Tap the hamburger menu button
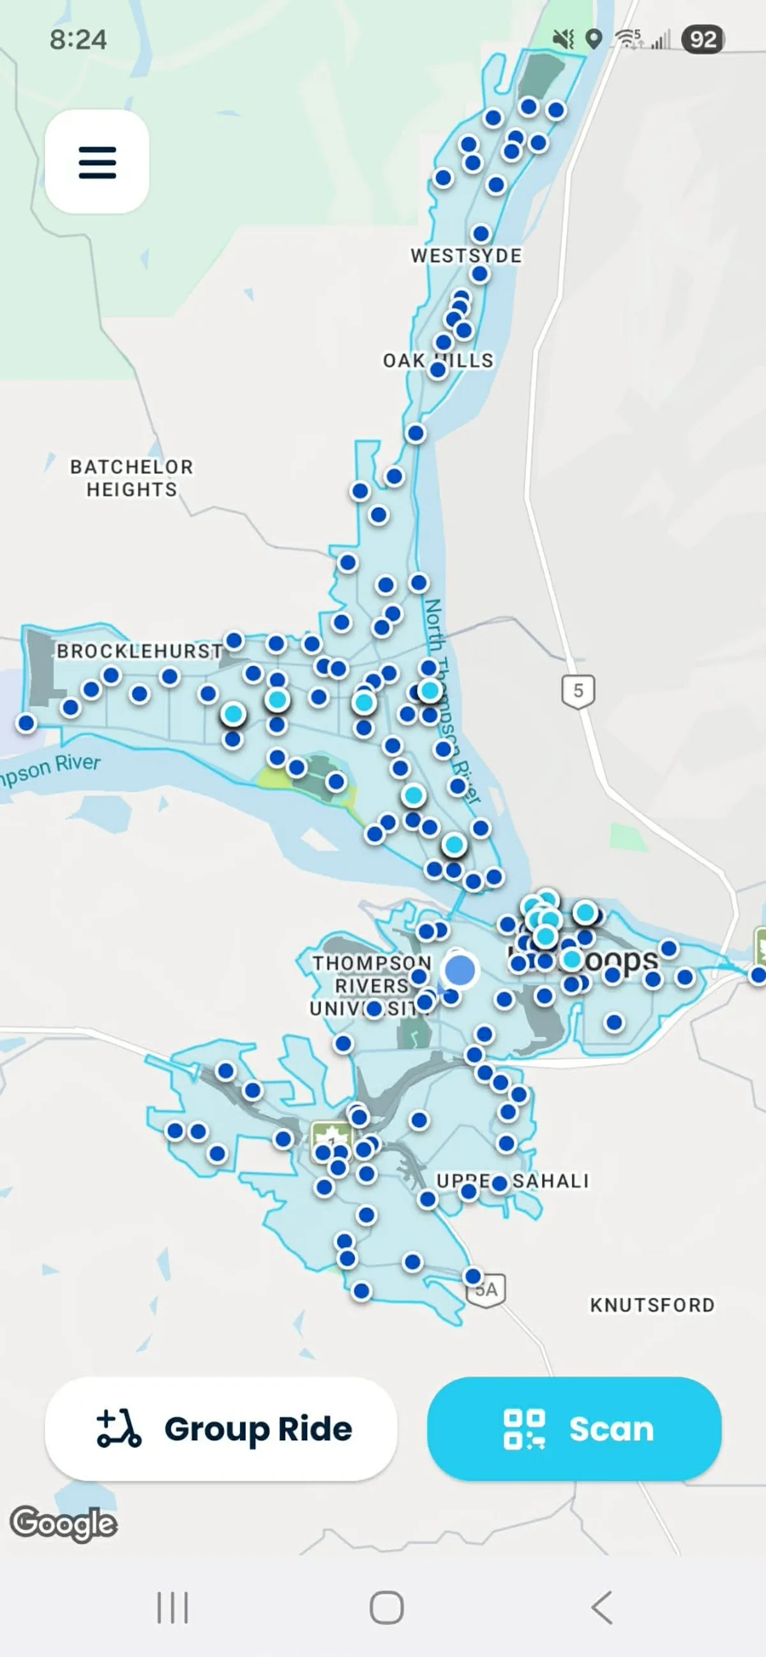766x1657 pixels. click(97, 161)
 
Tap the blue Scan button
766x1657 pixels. click(573, 1429)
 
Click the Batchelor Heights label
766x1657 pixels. click(131, 478)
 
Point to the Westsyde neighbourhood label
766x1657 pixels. click(466, 255)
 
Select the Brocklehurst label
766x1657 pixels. click(139, 651)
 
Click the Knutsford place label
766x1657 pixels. click(652, 1305)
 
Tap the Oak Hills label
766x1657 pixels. click(438, 360)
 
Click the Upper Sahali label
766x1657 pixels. click(513, 1181)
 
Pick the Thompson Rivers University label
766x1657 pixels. click(371, 985)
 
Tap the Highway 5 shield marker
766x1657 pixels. click(578, 691)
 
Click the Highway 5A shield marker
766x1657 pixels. click(486, 1290)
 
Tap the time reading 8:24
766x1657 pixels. click(78, 40)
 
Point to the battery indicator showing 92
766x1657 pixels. click(703, 40)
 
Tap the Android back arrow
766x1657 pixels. click(601, 1607)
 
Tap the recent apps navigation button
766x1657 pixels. click(172, 1607)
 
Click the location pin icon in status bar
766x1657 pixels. click(594, 40)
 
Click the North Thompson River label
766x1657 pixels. click(451, 701)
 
